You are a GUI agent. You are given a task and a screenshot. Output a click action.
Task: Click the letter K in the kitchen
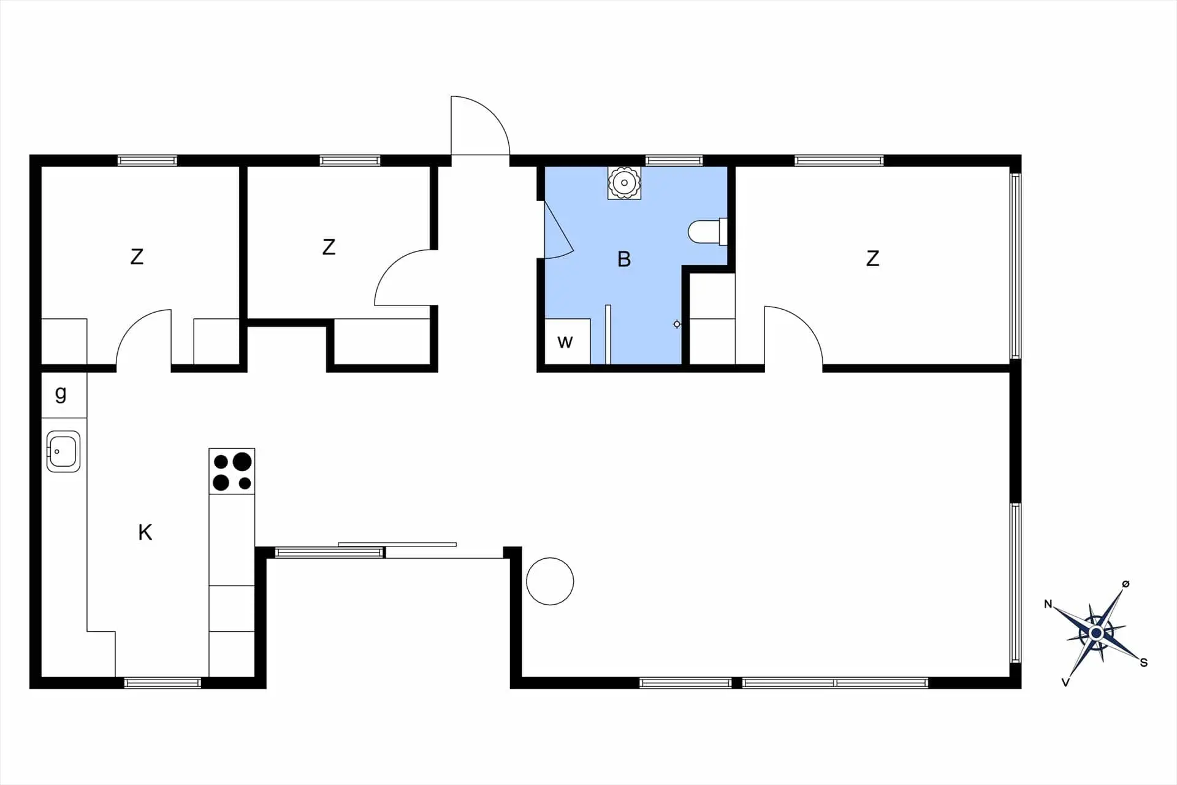click(145, 532)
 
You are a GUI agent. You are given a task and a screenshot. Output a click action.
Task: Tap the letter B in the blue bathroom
click(624, 259)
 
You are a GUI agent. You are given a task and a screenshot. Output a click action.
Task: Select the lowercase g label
click(61, 393)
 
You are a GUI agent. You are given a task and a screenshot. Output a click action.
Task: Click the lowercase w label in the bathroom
click(565, 342)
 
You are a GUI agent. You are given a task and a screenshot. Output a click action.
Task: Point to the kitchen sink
click(63, 451)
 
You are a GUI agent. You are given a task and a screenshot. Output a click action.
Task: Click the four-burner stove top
click(232, 471)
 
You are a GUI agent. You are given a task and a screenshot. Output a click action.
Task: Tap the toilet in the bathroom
click(707, 231)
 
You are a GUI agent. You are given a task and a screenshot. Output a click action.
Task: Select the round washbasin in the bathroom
click(624, 182)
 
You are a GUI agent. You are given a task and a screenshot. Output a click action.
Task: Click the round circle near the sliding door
click(550, 581)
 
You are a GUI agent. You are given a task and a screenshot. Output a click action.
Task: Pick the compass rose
click(1096, 633)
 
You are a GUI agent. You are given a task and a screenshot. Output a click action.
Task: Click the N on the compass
click(1048, 604)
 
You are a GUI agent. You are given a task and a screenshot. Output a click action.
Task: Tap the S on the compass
click(1143, 662)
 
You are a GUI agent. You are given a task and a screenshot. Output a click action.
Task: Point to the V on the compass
click(1065, 682)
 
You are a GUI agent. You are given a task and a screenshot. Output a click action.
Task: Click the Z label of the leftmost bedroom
click(137, 256)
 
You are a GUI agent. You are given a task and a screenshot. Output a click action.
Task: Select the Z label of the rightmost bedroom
click(872, 258)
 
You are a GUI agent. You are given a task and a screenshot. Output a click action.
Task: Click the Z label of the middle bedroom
click(329, 247)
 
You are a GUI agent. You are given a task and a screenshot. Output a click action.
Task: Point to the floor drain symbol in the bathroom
click(677, 324)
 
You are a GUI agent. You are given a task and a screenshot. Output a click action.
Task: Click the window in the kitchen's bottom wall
click(163, 683)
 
